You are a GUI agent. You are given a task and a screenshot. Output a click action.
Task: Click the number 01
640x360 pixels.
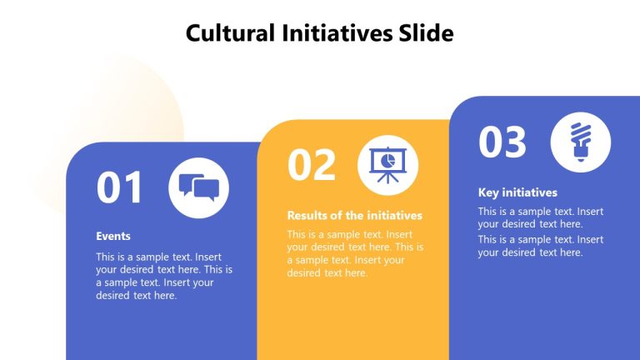120,187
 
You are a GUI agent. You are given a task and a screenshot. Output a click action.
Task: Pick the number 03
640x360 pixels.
502,142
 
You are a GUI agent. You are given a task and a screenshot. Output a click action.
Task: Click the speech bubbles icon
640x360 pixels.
198,187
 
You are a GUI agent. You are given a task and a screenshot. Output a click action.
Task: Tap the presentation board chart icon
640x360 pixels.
387,164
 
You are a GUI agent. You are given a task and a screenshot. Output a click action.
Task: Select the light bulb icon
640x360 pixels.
580,142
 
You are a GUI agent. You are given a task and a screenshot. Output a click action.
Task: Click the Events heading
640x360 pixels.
113,236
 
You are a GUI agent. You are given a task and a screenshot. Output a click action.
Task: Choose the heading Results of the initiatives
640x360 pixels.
355,215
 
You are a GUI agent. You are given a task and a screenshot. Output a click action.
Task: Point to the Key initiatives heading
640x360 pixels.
517,192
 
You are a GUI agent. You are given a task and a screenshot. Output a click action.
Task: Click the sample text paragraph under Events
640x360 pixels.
164,276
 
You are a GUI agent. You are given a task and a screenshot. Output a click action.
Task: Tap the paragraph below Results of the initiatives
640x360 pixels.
355,253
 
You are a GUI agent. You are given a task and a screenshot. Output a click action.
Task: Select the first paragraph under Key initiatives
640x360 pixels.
541,217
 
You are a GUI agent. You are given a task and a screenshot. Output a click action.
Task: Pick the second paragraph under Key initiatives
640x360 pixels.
541,246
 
